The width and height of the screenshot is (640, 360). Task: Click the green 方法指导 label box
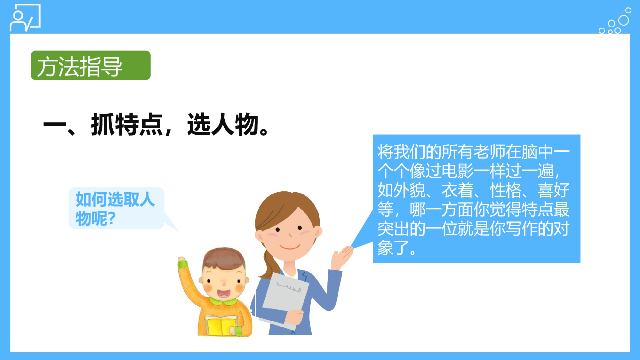(91, 65)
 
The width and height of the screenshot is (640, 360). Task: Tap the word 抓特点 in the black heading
(127, 124)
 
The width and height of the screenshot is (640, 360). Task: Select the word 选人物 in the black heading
(223, 124)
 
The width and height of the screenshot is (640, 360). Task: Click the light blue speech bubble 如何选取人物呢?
(116, 208)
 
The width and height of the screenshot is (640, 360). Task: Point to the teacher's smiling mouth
(290, 246)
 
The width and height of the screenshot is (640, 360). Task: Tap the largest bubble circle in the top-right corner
(623, 20)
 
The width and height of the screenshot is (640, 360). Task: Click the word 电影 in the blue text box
(457, 171)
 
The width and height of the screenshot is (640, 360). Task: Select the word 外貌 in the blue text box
(409, 190)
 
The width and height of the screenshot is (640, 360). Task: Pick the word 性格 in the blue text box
(506, 190)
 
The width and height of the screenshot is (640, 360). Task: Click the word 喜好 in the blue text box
(554, 190)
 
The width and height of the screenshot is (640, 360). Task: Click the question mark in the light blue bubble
(111, 219)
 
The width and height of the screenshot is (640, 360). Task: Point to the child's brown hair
(224, 256)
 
